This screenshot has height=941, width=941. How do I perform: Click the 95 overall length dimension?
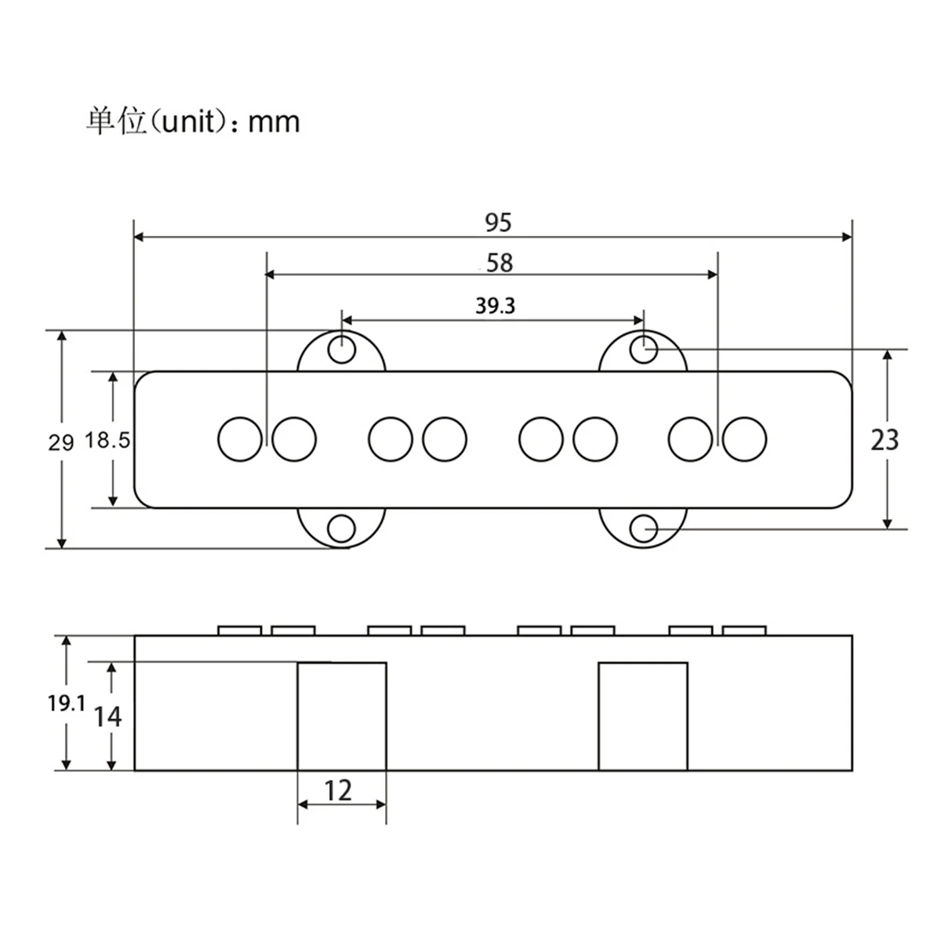click(497, 223)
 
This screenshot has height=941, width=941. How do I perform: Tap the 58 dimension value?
click(500, 263)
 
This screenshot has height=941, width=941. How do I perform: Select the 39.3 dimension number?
click(495, 306)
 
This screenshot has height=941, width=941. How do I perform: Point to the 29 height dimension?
click(61, 442)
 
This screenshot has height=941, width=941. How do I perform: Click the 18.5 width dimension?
click(107, 441)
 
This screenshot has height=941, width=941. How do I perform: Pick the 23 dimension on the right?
click(885, 440)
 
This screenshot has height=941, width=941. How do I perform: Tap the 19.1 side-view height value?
click(67, 703)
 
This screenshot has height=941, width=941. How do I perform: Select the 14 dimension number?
click(108, 716)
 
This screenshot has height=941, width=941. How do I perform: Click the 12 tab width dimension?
click(338, 790)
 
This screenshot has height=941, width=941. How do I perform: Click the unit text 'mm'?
click(274, 122)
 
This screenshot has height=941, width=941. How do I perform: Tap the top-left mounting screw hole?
click(341, 349)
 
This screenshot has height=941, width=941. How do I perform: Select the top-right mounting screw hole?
click(644, 349)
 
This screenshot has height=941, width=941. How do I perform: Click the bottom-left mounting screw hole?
click(341, 529)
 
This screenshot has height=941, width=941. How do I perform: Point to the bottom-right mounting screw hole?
click(644, 529)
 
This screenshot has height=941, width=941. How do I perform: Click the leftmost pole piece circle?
click(239, 438)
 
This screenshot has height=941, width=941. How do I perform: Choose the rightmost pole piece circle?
click(744, 438)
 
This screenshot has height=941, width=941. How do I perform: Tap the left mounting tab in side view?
click(342, 716)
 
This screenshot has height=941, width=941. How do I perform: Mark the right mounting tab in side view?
click(643, 716)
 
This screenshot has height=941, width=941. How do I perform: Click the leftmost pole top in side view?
click(239, 630)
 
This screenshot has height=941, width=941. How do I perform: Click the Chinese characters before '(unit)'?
click(117, 122)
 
